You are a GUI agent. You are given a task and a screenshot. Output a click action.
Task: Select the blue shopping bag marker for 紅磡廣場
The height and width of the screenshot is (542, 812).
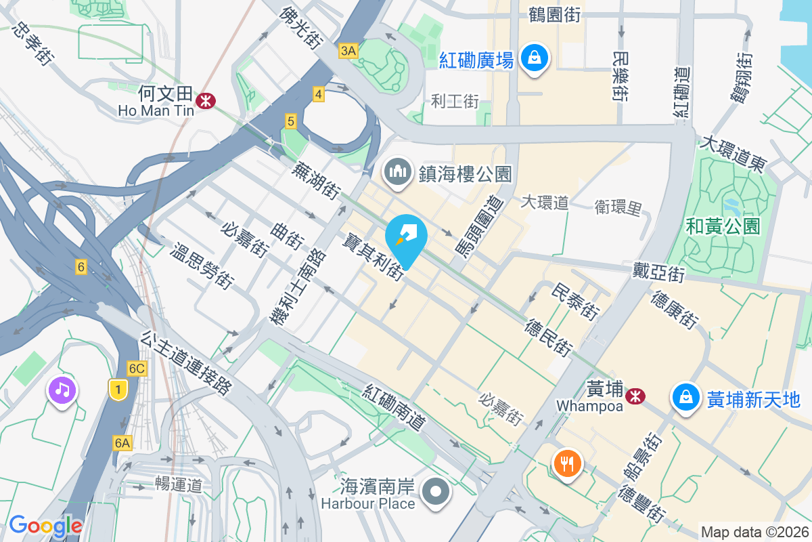coord(535,59)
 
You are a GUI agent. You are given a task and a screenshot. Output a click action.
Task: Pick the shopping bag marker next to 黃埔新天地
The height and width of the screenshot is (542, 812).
coord(686,397)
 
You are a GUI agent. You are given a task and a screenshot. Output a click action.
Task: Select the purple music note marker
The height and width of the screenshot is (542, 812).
coord(62,390)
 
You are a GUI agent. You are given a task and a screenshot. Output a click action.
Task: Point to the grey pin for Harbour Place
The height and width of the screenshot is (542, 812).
coord(436,493)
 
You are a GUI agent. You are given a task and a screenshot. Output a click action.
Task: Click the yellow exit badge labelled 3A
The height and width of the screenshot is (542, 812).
coord(348,51)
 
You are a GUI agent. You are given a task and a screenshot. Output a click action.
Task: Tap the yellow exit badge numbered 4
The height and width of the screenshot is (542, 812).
coord(318,95)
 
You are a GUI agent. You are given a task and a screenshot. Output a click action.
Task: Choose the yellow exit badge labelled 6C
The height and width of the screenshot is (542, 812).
coord(137,369)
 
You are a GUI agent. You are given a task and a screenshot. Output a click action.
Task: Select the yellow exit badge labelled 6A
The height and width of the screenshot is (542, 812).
coord(122,443)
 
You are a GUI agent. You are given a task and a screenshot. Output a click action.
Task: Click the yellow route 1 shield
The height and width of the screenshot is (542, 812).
coord(118,389)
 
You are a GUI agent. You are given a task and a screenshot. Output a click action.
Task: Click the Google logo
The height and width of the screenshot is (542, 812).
coord(45,525)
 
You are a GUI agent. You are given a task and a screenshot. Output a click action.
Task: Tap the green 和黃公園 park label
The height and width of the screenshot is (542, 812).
coord(723,226)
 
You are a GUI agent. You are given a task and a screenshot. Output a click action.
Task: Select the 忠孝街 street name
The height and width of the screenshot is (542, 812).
coord(33,44)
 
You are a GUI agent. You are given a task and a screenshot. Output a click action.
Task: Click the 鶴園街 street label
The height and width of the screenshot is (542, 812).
coord(554,15)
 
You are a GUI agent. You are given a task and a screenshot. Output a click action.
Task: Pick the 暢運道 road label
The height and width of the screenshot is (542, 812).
coord(179,484)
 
